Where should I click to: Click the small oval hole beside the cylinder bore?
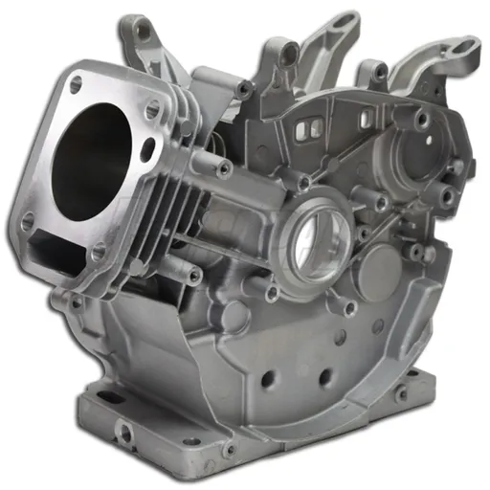(147, 148)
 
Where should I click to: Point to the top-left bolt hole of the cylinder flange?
(75, 85)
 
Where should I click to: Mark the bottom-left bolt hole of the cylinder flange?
(28, 220)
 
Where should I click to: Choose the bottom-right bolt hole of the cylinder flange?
(98, 253)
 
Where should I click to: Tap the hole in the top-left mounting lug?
(145, 32)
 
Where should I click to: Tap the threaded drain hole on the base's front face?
(124, 433)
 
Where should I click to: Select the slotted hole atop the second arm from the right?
(379, 72)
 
